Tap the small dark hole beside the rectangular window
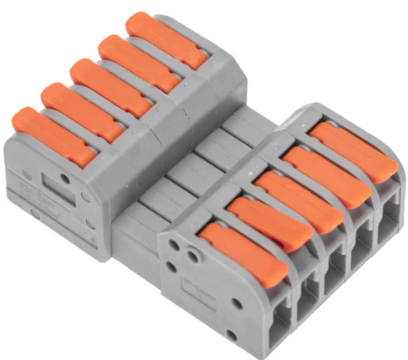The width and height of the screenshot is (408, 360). click(x=29, y=176)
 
